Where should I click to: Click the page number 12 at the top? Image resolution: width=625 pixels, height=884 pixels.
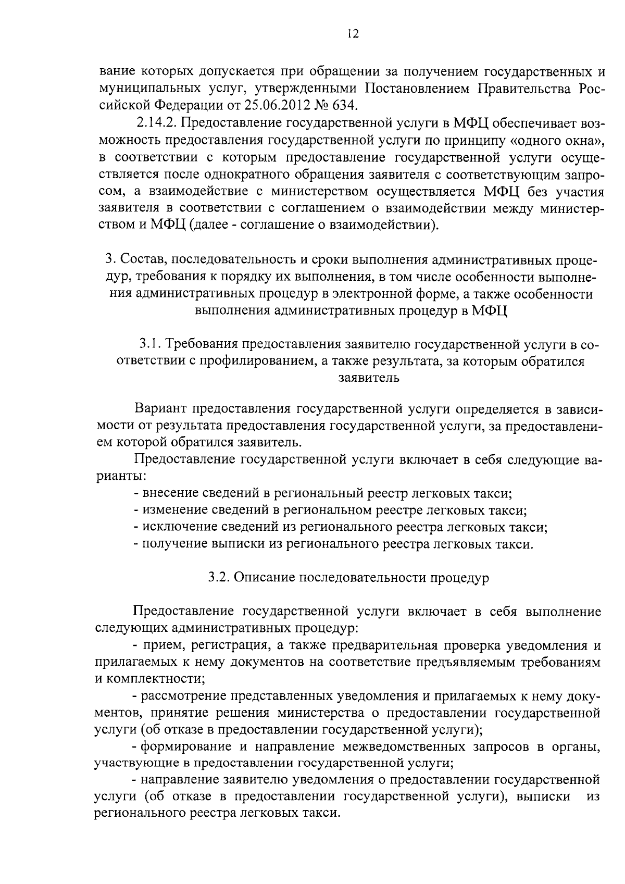point(352,34)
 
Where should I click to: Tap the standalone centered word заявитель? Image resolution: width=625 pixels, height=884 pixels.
point(369,378)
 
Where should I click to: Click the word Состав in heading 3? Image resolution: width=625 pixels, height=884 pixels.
point(142,259)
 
